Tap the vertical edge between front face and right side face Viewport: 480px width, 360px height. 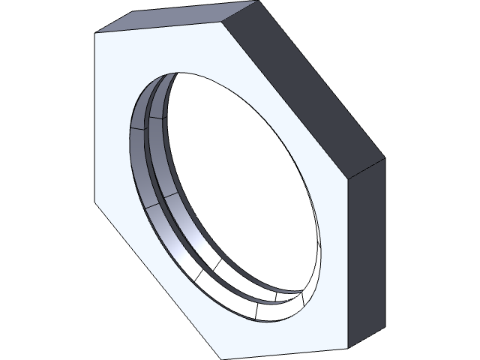point(346,263)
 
